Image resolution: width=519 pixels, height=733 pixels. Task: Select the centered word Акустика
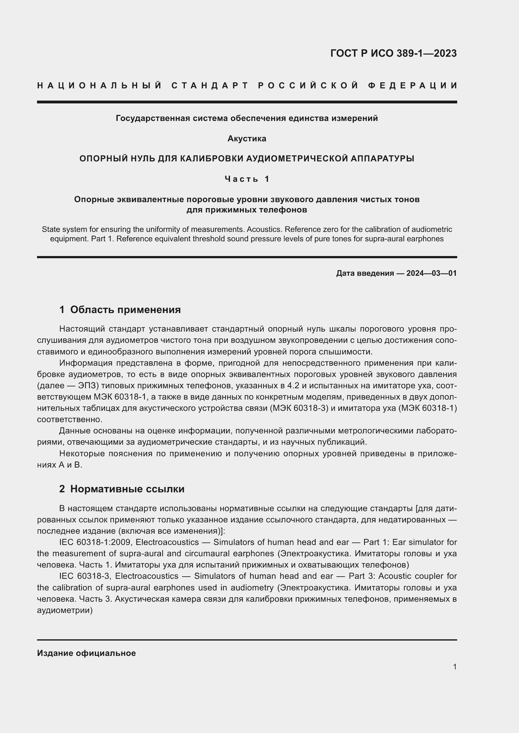247,139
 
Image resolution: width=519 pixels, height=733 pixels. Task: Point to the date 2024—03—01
431,273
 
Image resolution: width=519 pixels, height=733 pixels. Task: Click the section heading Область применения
125,309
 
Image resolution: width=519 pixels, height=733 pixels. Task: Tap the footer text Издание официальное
86,653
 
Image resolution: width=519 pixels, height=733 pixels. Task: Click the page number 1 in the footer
454,667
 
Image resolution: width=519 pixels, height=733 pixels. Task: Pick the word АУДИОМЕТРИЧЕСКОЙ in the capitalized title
297,158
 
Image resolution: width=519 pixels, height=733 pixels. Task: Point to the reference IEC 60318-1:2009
94,542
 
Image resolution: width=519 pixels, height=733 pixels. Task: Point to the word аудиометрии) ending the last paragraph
65,610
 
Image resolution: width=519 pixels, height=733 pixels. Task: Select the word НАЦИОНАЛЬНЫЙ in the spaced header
99,86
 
